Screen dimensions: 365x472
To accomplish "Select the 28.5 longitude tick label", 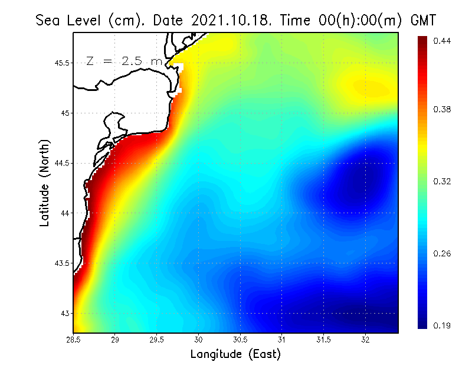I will click(x=74, y=339).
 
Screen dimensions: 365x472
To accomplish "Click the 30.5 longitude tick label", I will click(x=240, y=339).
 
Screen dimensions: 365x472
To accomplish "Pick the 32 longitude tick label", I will click(x=365, y=339).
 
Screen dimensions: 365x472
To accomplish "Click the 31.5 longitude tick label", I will click(x=323, y=339).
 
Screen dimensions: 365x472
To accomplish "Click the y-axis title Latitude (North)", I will click(x=45, y=182).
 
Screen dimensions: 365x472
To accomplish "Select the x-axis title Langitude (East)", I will click(x=235, y=354).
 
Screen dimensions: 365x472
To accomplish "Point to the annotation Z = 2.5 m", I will click(x=124, y=61).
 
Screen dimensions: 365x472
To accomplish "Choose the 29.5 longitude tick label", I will click(x=157, y=339).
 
